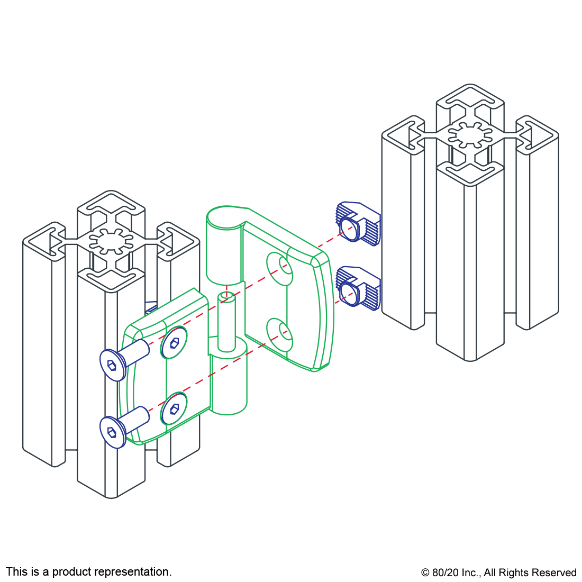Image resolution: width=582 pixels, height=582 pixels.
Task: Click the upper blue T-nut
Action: pos(358,223)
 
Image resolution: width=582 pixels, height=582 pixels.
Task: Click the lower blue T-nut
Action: pos(358,288)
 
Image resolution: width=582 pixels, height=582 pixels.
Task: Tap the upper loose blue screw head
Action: pos(113,365)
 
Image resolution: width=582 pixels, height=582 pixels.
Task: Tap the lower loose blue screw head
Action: pos(113,432)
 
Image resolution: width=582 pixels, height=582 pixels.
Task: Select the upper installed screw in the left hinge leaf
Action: pos(174,343)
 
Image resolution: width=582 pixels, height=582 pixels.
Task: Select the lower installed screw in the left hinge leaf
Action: pos(174,408)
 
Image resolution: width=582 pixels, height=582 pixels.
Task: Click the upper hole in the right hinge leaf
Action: pos(280,269)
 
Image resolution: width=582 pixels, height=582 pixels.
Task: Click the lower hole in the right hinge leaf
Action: pos(280,334)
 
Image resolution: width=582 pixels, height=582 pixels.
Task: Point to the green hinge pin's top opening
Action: pos(226,296)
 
